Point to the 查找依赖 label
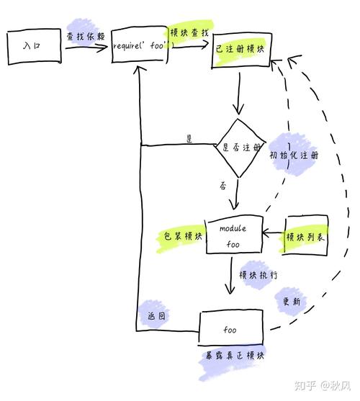[86, 36]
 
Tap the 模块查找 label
[189, 32]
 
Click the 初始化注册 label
[294, 155]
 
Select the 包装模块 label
[183, 236]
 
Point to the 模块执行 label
[258, 275]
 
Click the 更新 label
[292, 302]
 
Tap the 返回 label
[156, 316]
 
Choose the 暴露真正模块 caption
[235, 356]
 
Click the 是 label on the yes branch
[189, 139]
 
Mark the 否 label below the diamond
[223, 186]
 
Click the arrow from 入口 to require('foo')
[86, 48]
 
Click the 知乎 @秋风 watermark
[323, 385]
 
